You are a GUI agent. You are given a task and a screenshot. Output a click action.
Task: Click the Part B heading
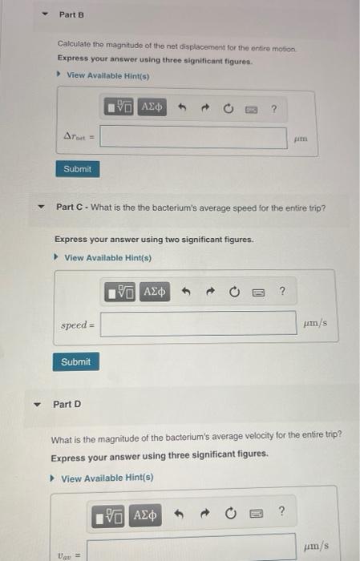(71, 15)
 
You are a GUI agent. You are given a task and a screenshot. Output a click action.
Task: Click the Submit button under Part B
(77, 170)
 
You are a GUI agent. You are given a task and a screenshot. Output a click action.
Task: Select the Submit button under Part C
(75, 362)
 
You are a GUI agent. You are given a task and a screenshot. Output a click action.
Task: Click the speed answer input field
(198, 324)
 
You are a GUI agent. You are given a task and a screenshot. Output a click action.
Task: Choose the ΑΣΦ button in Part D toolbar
(145, 514)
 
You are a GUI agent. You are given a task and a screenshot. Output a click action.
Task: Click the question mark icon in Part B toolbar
(274, 107)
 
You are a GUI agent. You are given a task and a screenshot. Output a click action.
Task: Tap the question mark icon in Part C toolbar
(281, 292)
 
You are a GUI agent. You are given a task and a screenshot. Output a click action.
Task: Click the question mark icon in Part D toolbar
(281, 512)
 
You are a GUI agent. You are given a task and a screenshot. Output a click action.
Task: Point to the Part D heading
(67, 404)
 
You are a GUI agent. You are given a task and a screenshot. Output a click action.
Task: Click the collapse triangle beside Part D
(34, 404)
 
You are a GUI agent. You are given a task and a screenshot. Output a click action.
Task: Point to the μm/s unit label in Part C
(316, 324)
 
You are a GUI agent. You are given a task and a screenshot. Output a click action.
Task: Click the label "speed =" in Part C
(78, 325)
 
